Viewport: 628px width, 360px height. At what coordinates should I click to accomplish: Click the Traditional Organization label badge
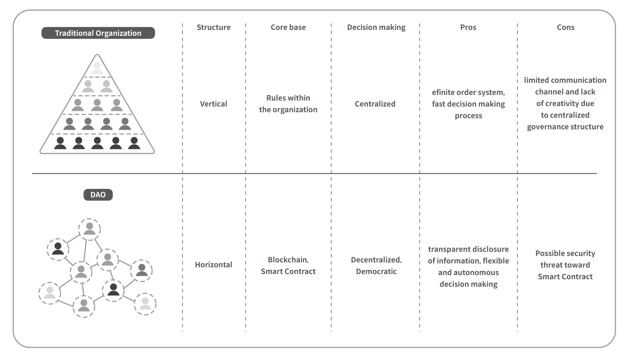pyautogui.click(x=98, y=33)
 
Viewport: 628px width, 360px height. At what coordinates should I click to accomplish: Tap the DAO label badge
pyautogui.click(x=98, y=195)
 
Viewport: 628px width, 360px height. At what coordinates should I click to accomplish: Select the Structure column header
pyautogui.click(x=214, y=27)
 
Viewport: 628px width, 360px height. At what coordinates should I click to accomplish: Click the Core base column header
pyautogui.click(x=288, y=27)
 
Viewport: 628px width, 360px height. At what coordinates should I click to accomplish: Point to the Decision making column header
pyautogui.click(x=376, y=28)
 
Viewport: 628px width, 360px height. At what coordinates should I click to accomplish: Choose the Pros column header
pyautogui.click(x=468, y=27)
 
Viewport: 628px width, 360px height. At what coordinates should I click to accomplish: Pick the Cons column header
pyautogui.click(x=565, y=27)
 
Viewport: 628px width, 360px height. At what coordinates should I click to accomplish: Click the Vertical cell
pyautogui.click(x=214, y=104)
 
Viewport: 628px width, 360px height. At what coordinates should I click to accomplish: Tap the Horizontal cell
pyautogui.click(x=214, y=265)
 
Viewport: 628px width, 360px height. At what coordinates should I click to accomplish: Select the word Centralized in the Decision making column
pyautogui.click(x=375, y=104)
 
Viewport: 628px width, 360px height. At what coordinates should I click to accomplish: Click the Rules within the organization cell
pyautogui.click(x=288, y=104)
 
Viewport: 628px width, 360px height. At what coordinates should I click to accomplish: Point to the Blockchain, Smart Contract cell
pyautogui.click(x=288, y=265)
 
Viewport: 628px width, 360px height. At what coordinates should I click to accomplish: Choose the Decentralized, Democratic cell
pyautogui.click(x=376, y=265)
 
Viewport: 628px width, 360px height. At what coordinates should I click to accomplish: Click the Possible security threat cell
pyautogui.click(x=565, y=265)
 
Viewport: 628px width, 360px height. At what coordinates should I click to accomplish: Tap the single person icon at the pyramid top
pyautogui.click(x=97, y=68)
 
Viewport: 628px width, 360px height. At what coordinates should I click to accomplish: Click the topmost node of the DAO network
pyautogui.click(x=90, y=229)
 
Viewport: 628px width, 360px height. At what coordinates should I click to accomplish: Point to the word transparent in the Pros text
pyautogui.click(x=445, y=249)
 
